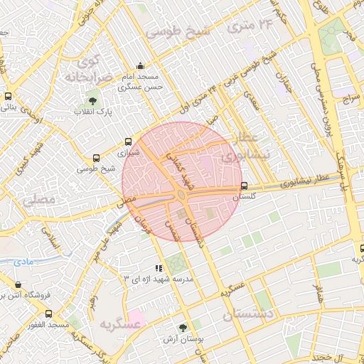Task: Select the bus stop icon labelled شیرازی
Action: coord(128,141)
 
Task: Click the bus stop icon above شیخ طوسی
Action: coord(97,158)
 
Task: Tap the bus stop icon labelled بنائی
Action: coord(8,97)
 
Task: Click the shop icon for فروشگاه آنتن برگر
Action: coord(17,284)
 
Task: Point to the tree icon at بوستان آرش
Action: coord(183,328)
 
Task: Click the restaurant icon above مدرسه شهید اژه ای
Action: coord(159,268)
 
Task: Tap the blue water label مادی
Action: coord(23,262)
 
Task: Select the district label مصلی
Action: coord(38,200)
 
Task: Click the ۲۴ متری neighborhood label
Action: coord(247,27)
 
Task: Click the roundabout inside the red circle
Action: coord(182,194)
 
